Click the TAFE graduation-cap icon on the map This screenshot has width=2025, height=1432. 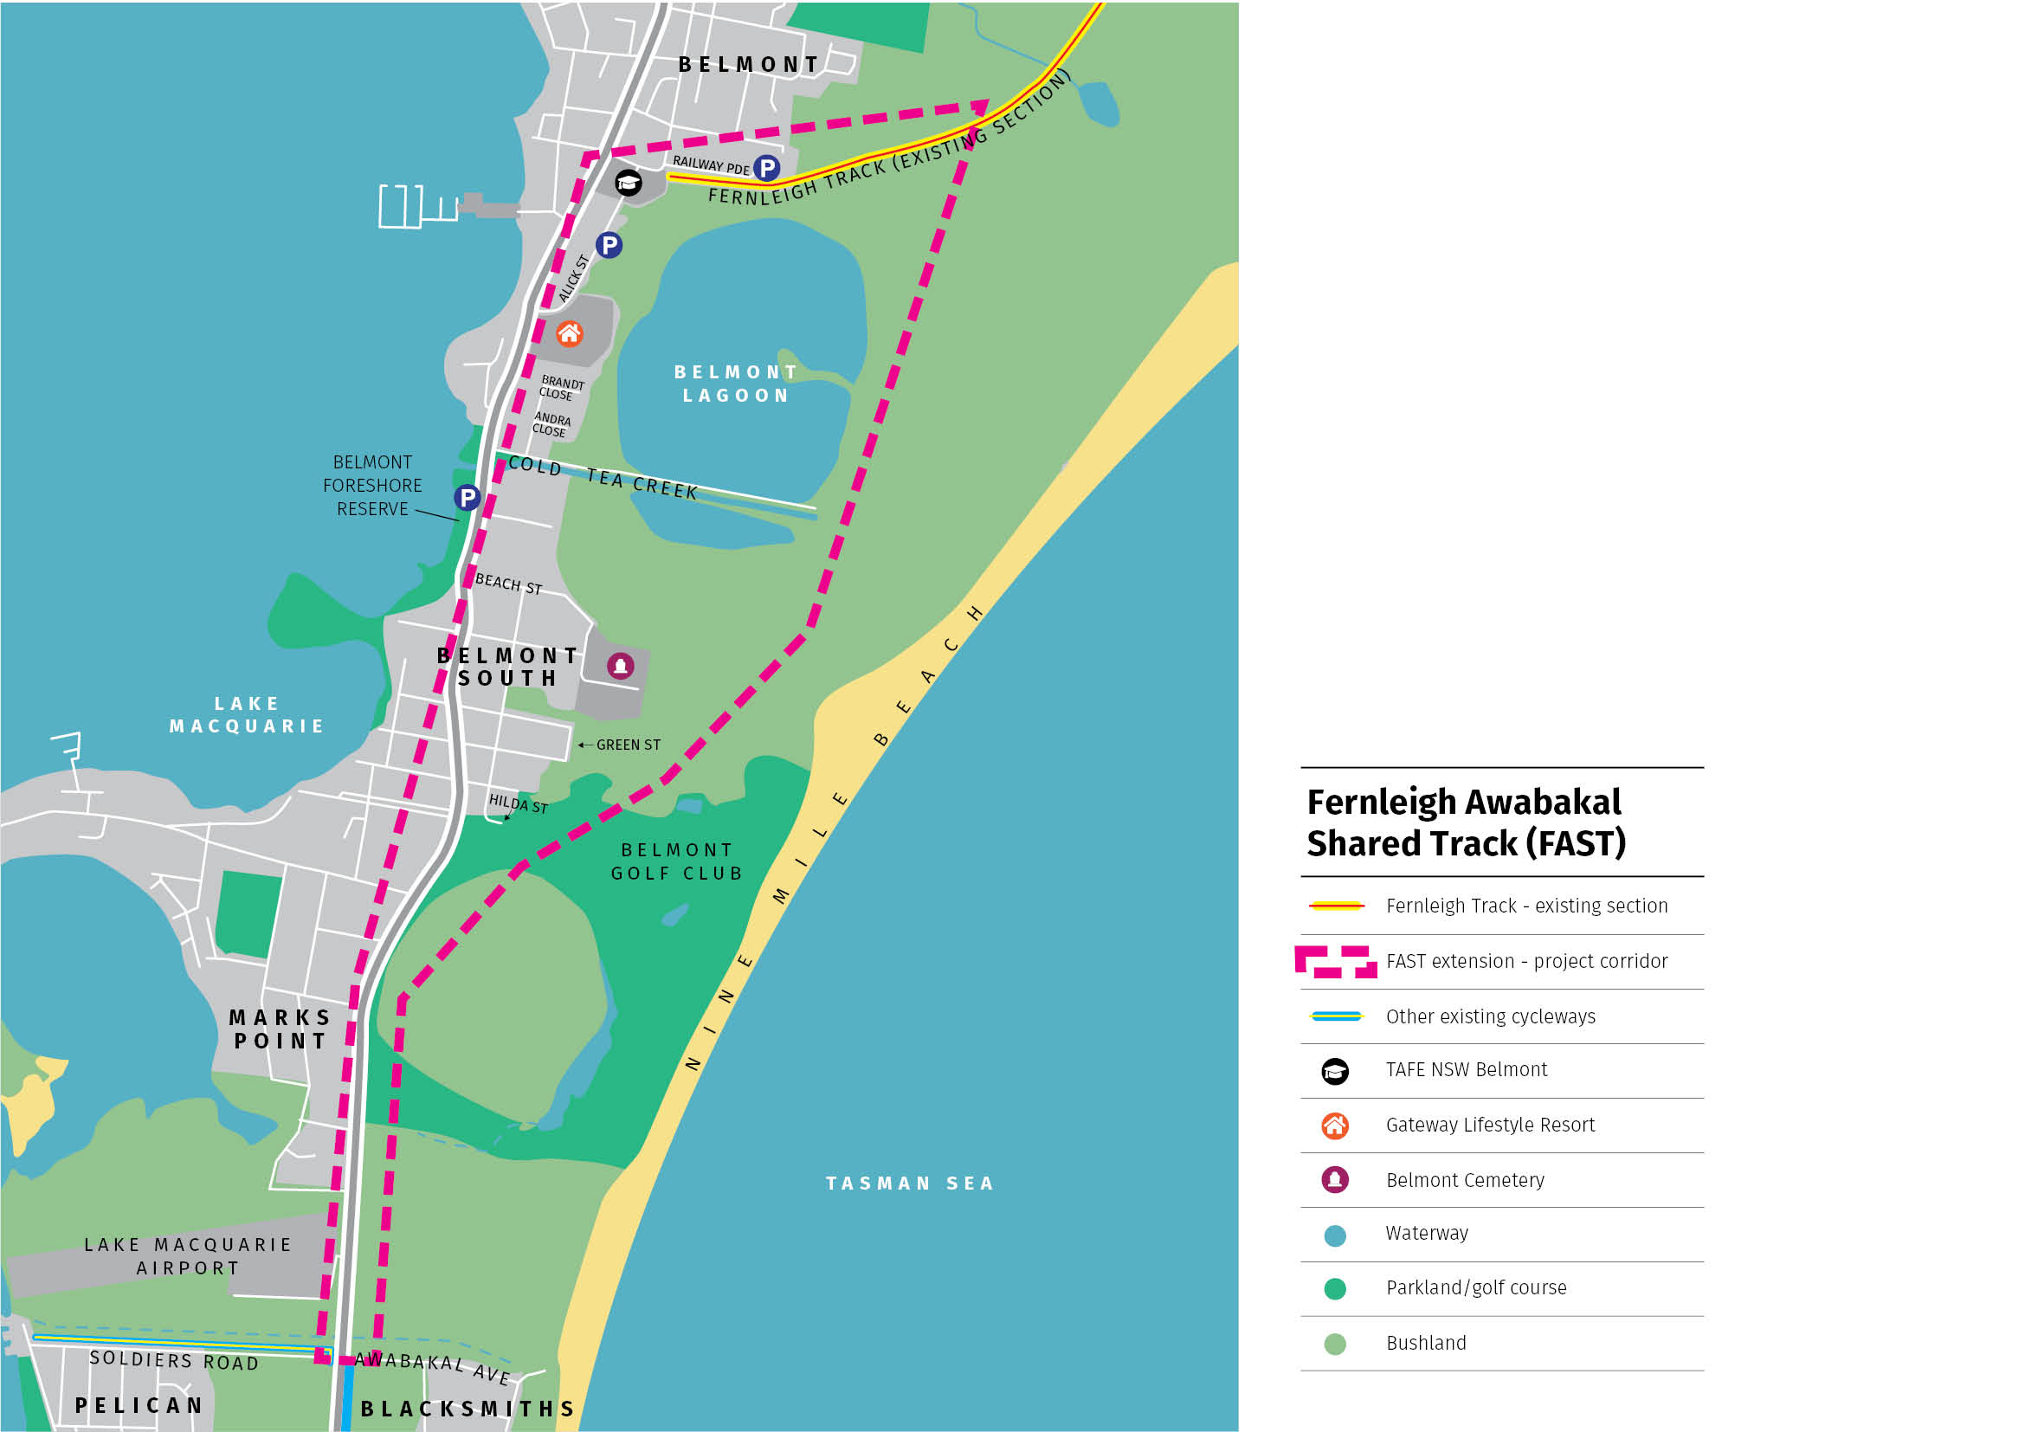pos(628,183)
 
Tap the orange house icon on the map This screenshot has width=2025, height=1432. pos(570,333)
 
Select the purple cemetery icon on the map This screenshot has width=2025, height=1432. pos(621,665)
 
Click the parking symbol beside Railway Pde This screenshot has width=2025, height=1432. pos(767,168)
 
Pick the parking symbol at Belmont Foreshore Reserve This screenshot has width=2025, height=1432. pos(468,497)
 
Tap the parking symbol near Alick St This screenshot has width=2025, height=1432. pos(609,244)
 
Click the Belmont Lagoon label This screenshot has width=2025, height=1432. pos(736,384)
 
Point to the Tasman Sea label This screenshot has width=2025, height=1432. pos(910,1184)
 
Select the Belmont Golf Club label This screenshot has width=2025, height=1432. pos(676,861)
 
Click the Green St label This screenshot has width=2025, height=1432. pos(628,745)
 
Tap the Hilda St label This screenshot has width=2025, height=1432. pos(519,803)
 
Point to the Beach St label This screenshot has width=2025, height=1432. pos(509,584)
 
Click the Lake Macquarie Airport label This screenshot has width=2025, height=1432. pos(188,1255)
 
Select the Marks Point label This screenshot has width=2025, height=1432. pos(281,1029)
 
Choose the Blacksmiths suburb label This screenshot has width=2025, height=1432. pos(468,1409)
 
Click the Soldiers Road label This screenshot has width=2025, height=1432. pos(175,1361)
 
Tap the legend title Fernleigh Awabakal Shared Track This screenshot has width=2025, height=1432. pos(1466,822)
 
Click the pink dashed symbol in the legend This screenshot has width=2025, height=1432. pos(1335,961)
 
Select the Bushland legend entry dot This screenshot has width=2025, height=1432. pos(1335,1344)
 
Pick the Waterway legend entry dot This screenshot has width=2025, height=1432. pos(1335,1235)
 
